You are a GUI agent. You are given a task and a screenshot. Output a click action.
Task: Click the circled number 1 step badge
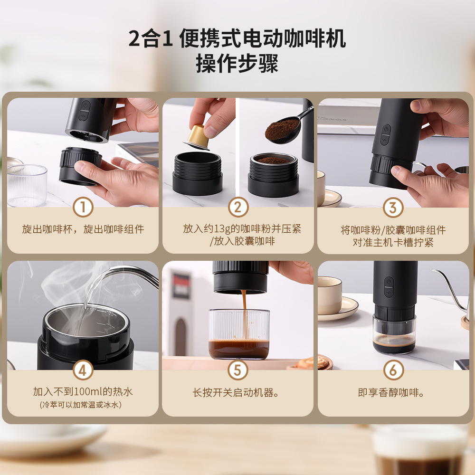click(83, 207)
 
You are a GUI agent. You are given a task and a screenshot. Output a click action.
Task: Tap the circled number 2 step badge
click(238, 207)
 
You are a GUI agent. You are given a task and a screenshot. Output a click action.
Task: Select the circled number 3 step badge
click(393, 208)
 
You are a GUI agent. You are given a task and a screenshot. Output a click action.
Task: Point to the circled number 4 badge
click(83, 370)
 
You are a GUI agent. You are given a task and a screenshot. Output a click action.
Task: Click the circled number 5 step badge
click(238, 370)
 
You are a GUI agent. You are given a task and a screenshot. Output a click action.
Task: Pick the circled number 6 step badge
click(393, 370)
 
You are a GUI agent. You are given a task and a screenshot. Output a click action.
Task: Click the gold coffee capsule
click(198, 137)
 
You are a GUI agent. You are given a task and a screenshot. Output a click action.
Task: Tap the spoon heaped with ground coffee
click(286, 127)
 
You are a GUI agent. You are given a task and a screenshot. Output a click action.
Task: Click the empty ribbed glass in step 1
click(27, 185)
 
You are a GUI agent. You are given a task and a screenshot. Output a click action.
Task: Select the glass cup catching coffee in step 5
click(239, 334)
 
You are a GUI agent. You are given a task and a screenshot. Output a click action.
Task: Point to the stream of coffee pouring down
click(244, 314)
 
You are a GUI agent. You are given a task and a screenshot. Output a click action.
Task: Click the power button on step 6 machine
click(389, 282)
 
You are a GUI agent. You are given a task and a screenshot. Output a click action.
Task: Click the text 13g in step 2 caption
click(222, 229)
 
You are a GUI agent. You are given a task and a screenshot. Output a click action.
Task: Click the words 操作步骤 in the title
click(237, 63)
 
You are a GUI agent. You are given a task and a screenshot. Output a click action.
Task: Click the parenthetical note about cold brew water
click(81, 405)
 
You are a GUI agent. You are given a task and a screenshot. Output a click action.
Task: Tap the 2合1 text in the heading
click(151, 38)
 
